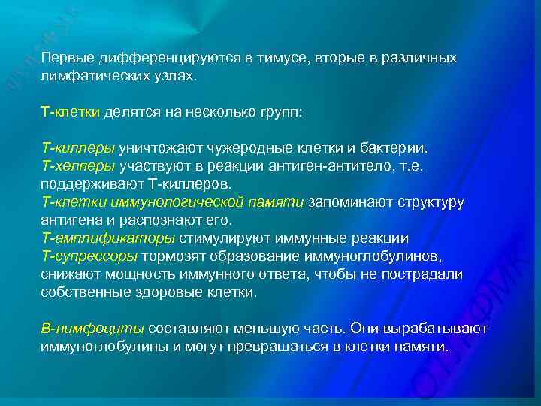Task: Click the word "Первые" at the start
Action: tap(64, 58)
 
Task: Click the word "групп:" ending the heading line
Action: tap(280, 112)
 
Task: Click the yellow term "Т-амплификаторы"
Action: tap(108, 238)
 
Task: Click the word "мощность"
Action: tap(128, 274)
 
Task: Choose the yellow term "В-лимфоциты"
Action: tap(92, 329)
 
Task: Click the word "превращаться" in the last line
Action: tap(277, 347)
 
